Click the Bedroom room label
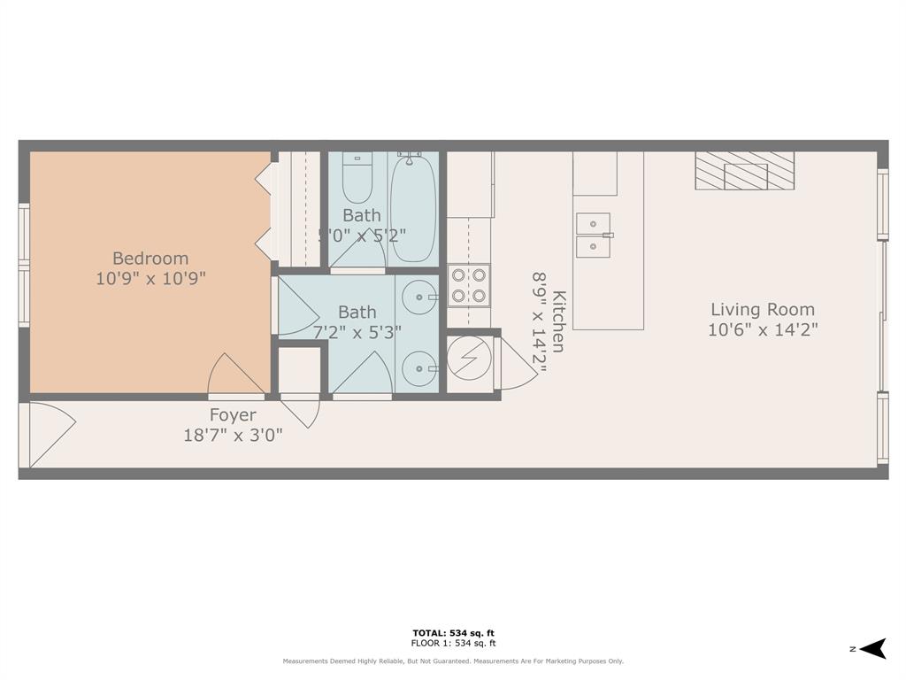point(150,259)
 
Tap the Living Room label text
point(763,310)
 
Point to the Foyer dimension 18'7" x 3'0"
point(233,434)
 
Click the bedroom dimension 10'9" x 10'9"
point(150,278)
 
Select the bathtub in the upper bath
point(413,208)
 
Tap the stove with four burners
point(468,285)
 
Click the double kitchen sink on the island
point(593,236)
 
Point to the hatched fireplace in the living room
point(744,171)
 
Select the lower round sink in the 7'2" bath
point(418,367)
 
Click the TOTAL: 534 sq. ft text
point(453,632)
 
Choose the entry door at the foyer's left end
point(48,434)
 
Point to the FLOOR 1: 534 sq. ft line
point(453,644)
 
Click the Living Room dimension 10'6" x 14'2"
point(763,330)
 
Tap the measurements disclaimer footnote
point(453,661)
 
